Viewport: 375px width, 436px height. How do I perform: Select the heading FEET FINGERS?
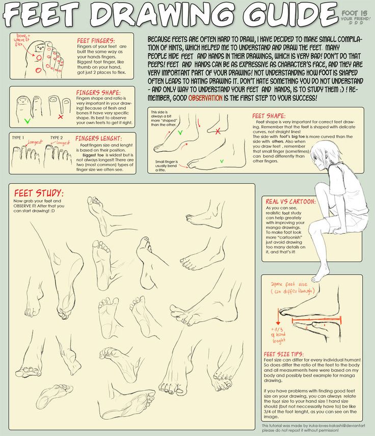click(96, 40)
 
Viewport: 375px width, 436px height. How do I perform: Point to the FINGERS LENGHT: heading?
click(99, 138)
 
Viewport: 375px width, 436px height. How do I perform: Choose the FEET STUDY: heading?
click(39, 193)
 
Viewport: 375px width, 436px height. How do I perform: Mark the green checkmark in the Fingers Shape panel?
click(26, 121)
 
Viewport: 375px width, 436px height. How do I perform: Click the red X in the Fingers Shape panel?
click(60, 117)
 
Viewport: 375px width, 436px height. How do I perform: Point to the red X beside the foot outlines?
click(218, 131)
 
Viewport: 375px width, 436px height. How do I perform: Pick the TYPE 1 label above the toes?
click(18, 138)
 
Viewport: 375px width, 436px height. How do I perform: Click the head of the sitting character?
click(325, 154)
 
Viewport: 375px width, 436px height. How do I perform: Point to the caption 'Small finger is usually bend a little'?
click(168, 166)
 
